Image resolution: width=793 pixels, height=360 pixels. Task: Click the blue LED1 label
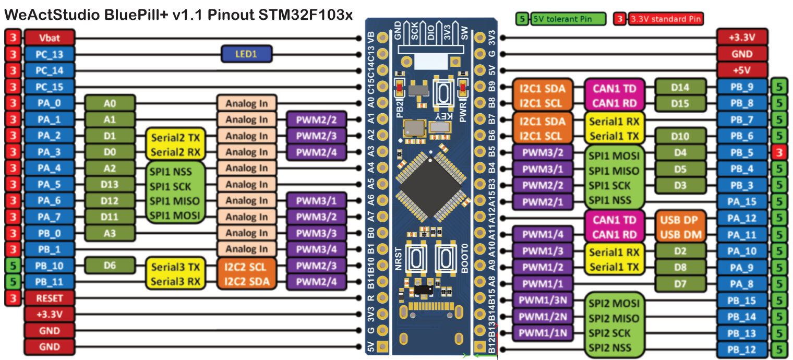pyautogui.click(x=246, y=54)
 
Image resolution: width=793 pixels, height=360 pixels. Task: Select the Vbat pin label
pyautogui.click(x=50, y=38)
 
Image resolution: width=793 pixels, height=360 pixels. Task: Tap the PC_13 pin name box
pyautogui.click(x=50, y=54)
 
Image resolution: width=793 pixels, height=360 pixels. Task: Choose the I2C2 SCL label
pyautogui.click(x=246, y=267)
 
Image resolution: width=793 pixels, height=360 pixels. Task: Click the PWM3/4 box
pyautogui.click(x=316, y=249)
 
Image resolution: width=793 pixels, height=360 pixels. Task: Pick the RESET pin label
pyautogui.click(x=50, y=298)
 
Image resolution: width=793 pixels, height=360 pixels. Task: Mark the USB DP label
pyautogui.click(x=681, y=219)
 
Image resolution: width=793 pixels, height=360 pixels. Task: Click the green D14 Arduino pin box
pyautogui.click(x=680, y=87)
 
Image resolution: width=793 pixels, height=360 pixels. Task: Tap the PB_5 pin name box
pyautogui.click(x=742, y=152)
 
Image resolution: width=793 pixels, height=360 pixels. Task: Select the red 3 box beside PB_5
pyautogui.click(x=778, y=152)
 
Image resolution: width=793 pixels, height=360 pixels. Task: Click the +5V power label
pyautogui.click(x=742, y=70)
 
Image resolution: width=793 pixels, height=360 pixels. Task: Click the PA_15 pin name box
pyautogui.click(x=742, y=201)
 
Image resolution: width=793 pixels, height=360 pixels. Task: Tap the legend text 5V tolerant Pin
pyautogui.click(x=569, y=20)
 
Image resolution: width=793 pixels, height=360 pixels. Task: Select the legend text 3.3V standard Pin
pyautogui.click(x=665, y=20)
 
